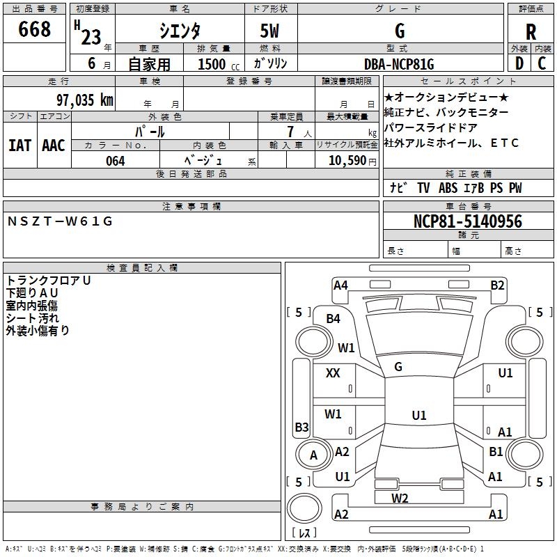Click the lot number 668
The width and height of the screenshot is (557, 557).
click(35, 29)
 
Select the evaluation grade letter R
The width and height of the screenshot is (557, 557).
click(531, 33)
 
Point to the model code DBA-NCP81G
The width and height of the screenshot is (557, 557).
click(399, 64)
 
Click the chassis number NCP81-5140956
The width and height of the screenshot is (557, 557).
click(467, 221)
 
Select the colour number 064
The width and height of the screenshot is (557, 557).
click(115, 161)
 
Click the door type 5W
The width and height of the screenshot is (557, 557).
click(271, 31)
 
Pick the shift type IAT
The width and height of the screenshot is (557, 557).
click(19, 145)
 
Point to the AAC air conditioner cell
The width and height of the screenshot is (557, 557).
click(54, 145)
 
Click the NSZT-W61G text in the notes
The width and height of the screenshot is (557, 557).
click(60, 221)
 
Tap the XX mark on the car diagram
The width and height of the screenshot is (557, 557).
click(333, 373)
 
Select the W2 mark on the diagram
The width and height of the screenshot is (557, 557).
click(400, 498)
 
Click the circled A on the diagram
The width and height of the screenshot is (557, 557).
click(313, 455)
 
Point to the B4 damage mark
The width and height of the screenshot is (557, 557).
click(334, 319)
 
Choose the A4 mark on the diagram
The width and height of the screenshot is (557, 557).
click(340, 285)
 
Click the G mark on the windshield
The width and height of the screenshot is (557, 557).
click(398, 366)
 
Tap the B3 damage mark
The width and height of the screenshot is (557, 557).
click(301, 427)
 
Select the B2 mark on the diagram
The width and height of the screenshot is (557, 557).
click(497, 285)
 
